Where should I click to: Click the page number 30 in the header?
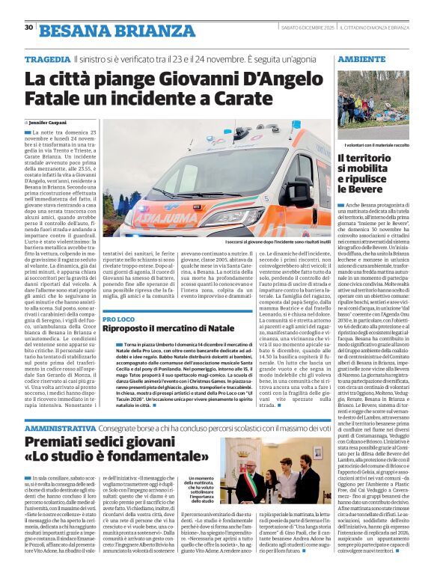[28, 27]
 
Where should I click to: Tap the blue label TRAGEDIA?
[46, 59]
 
